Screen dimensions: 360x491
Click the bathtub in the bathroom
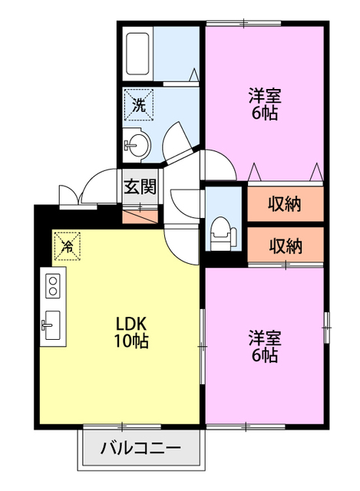pyautogui.click(x=137, y=54)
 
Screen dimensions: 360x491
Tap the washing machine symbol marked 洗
pyautogui.click(x=139, y=104)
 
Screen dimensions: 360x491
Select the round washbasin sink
pyautogui.click(x=138, y=145)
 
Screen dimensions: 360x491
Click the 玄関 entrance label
pyautogui.click(x=140, y=187)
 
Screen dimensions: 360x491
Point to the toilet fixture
pyautogui.click(x=223, y=234)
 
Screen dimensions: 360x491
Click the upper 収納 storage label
pyautogui.click(x=285, y=204)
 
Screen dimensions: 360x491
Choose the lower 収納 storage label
pyautogui.click(x=286, y=245)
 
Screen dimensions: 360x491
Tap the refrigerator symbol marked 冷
pyautogui.click(x=68, y=245)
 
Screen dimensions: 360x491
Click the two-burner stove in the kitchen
pyautogui.click(x=53, y=285)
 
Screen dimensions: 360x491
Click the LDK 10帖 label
pyautogui.click(x=131, y=332)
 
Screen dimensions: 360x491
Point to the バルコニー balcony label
pyautogui.click(x=140, y=448)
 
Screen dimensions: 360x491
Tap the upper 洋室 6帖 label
pyautogui.click(x=265, y=104)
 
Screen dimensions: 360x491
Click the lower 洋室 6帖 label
pyautogui.click(x=265, y=346)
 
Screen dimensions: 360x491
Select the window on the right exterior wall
pyautogui.click(x=327, y=328)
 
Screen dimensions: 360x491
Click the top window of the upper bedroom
pyautogui.click(x=244, y=23)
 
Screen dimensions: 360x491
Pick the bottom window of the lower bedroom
pyautogui.click(x=246, y=427)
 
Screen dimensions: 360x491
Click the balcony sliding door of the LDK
pyautogui.click(x=122, y=427)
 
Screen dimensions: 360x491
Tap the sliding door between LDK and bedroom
pyautogui.click(x=203, y=346)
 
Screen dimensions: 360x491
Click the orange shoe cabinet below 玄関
pyautogui.click(x=140, y=217)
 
